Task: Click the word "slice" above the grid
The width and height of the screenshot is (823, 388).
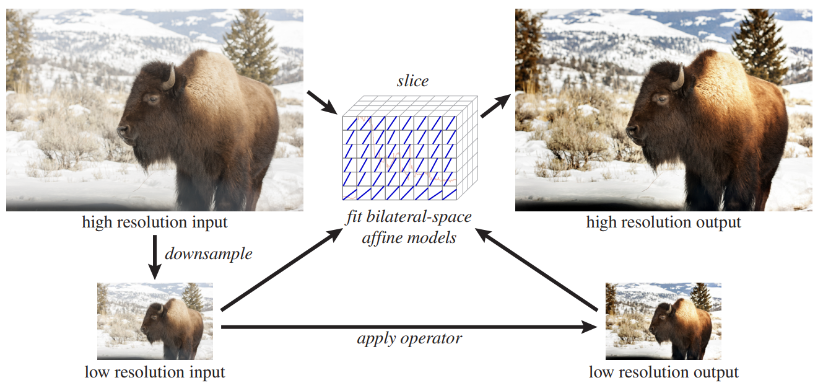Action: [412, 81]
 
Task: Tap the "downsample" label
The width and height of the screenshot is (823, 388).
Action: [208, 254]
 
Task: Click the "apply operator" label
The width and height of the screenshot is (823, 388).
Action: [409, 339]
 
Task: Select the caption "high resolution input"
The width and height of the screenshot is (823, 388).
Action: [155, 222]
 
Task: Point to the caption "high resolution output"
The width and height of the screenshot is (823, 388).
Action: [663, 222]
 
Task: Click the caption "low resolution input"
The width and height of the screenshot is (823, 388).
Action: [155, 372]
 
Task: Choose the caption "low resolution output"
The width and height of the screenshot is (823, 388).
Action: [663, 372]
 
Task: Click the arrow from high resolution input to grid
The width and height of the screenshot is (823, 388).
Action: [321, 103]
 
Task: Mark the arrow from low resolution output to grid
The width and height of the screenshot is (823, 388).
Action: [539, 270]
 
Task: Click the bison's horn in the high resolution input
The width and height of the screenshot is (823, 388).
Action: [169, 78]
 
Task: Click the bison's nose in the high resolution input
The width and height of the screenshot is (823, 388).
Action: [123, 131]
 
